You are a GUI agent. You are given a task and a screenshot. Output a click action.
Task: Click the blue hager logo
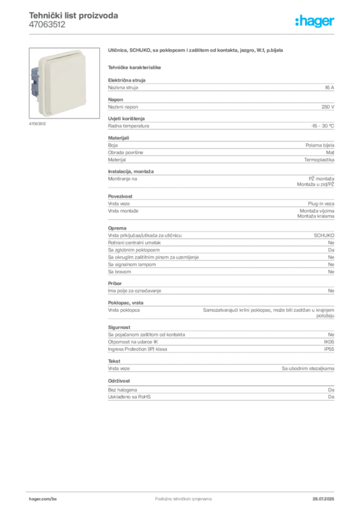[315, 22]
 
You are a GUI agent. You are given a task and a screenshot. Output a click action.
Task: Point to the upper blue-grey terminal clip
[36, 73]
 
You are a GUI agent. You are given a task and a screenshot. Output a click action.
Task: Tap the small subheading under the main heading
[135, 66]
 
